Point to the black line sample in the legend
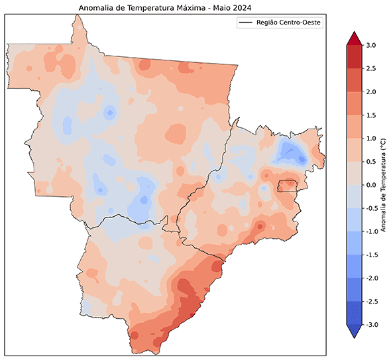(x=247, y=23)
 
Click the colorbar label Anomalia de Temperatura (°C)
(x=384, y=185)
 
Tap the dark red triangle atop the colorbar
(x=353, y=39)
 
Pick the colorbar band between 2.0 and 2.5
(x=353, y=80)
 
